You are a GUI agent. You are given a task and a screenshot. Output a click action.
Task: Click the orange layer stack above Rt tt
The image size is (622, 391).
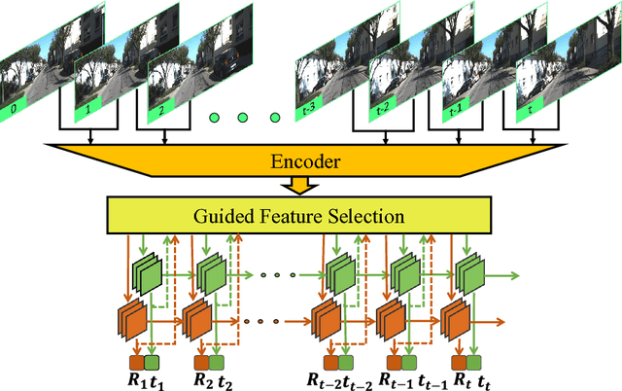[x=455, y=320]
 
